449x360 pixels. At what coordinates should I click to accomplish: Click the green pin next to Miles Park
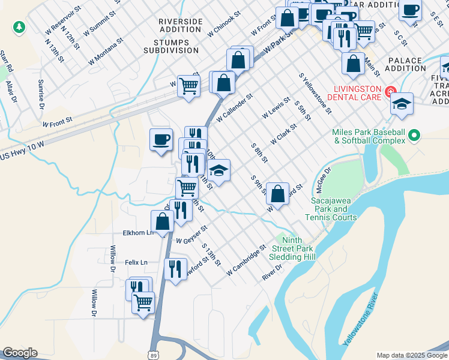click(414, 137)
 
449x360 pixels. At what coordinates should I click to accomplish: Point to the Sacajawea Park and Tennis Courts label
click(334, 209)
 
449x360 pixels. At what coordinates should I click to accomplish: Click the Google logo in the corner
click(20, 353)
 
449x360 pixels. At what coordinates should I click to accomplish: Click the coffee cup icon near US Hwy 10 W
click(161, 140)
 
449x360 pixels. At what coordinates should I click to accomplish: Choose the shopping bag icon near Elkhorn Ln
click(163, 220)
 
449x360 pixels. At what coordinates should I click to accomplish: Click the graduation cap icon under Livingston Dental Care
click(402, 104)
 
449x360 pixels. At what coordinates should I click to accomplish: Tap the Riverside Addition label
click(180, 25)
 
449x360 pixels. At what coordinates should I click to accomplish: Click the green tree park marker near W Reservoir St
click(19, 26)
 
